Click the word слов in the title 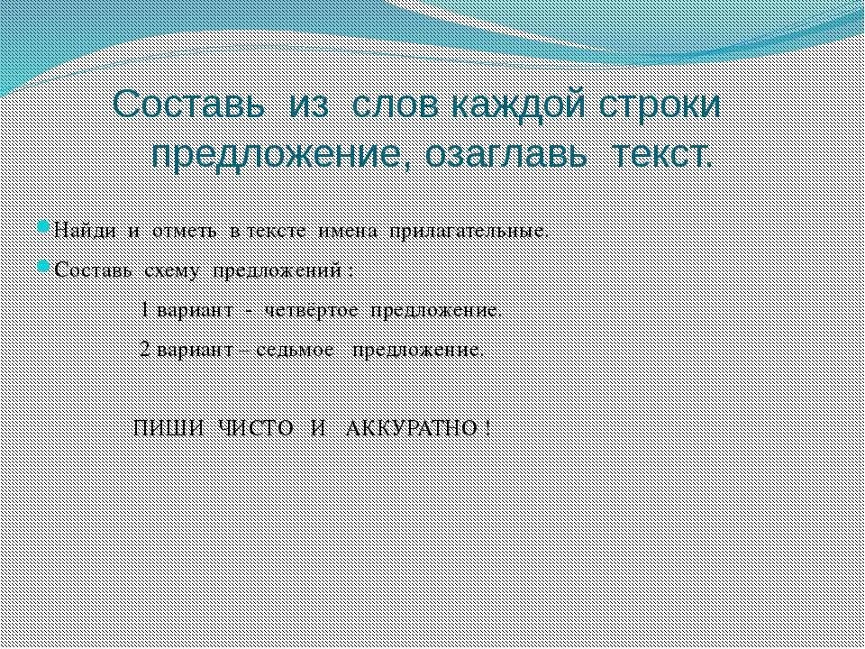[393, 106]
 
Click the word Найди [85, 230]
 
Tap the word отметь [185, 230]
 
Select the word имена [347, 230]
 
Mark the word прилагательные [468, 230]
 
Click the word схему [173, 270]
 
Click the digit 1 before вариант [146, 311]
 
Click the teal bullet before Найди [45, 227]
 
